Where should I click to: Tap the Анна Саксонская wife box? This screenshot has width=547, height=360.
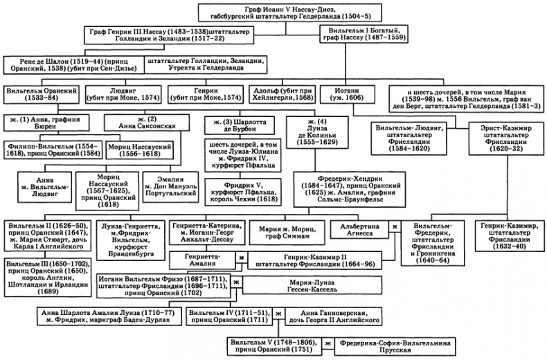[x=146, y=123]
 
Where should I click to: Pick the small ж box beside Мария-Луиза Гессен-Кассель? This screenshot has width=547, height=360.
[x=236, y=282]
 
